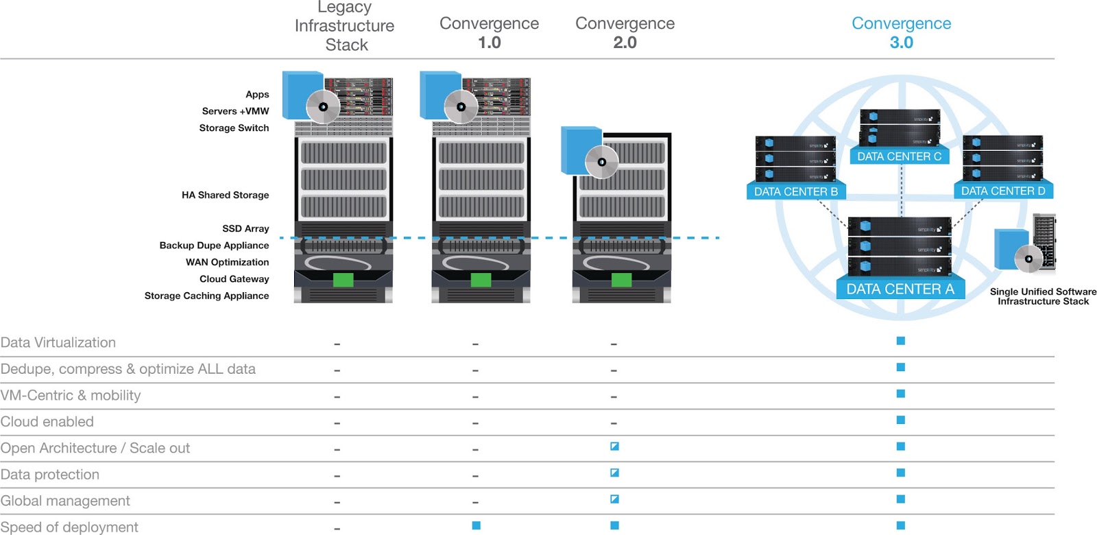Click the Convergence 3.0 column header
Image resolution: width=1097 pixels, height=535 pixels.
(901, 32)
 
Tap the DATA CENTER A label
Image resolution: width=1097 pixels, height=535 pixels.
(900, 289)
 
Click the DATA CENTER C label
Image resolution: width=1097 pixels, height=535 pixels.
(899, 156)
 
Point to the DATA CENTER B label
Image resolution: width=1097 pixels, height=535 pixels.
(795, 191)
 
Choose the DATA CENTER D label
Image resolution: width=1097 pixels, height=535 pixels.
(1003, 191)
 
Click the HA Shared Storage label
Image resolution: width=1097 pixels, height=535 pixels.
(225, 195)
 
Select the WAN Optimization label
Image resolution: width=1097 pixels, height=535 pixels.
(227, 262)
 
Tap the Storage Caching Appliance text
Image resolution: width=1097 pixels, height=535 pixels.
(206, 296)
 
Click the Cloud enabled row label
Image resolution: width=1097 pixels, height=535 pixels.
(47, 422)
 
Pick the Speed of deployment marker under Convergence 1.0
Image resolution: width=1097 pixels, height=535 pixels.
(477, 525)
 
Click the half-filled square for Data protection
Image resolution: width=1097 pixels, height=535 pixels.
(614, 473)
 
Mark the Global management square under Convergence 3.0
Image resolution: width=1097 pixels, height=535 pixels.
(901, 499)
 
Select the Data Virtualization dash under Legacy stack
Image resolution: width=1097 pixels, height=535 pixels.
(337, 344)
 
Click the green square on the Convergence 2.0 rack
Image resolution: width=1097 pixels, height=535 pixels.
(621, 279)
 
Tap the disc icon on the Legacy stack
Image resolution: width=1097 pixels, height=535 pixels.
(323, 107)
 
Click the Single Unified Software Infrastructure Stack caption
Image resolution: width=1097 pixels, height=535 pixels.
(1043, 296)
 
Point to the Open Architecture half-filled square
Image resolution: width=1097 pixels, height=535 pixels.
(614, 447)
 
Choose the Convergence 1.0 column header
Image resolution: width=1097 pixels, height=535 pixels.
(489, 32)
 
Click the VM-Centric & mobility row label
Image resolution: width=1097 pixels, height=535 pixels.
(71, 395)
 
